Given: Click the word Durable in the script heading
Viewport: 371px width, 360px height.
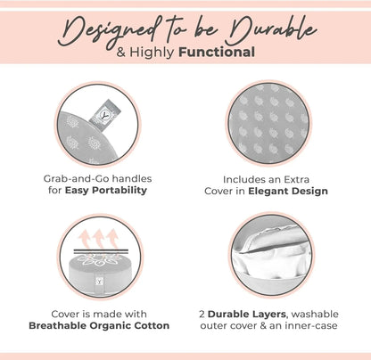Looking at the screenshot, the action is pos(270,30).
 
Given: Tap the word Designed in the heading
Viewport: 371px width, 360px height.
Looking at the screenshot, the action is pos(110,33).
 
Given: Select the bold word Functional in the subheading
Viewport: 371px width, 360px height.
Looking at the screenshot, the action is pos(217,52).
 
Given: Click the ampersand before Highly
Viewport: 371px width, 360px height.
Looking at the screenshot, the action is pos(121,53).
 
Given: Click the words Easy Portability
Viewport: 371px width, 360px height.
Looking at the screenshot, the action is pos(106,190).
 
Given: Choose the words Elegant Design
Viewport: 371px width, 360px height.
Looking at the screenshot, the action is pos(288,191).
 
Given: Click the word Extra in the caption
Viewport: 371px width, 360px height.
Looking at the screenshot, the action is pos(296,180).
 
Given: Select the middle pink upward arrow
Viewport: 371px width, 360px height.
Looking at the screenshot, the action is pos(99,239).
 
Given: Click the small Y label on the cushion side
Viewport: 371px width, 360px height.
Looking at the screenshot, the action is pos(99,281).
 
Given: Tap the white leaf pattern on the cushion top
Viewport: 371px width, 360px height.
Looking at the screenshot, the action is pos(96,258).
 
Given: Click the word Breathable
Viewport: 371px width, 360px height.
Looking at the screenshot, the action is pos(58,325).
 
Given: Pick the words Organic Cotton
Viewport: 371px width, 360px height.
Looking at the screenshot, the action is pos(129,325).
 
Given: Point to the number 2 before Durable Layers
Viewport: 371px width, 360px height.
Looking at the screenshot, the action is pos(202,315).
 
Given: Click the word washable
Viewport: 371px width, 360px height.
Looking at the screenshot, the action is pos(315,315).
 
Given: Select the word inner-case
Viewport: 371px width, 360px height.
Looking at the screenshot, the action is pos(310,325).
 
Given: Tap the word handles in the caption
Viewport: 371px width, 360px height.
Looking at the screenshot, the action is pos(132,178).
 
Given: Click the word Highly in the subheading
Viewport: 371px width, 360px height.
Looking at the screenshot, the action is pos(152,53).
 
